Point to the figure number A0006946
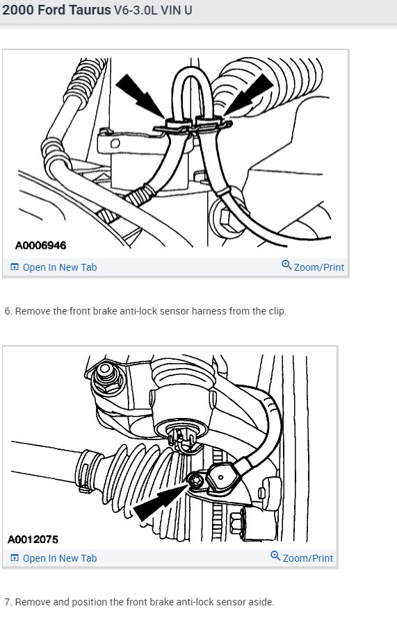pos(41,245)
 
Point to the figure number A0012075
pos(33,539)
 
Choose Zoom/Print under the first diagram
pos(318,267)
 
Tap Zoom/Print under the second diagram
pos(307,558)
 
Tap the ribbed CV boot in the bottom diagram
pos(132,472)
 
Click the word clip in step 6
pos(277,311)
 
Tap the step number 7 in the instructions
pos(7,601)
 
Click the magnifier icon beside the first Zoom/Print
pos(286,266)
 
